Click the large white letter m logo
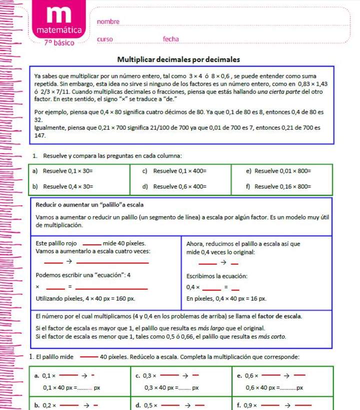59,15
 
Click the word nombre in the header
108,22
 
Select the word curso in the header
105,39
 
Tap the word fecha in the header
170,39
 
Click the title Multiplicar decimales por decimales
178,59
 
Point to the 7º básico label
58,43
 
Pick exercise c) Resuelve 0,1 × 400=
174,171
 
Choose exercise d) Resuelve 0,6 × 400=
174,187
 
